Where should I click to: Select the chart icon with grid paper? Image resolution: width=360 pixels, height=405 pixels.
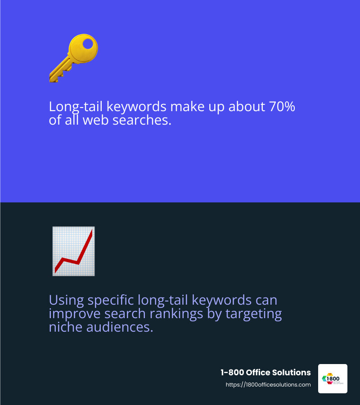pyautogui.click(x=73, y=251)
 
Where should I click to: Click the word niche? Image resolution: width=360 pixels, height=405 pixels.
pyautogui.click(x=64, y=327)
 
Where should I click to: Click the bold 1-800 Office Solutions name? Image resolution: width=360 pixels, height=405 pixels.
pyautogui.click(x=265, y=373)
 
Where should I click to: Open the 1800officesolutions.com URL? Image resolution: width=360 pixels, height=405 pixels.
pyautogui.click(x=268, y=385)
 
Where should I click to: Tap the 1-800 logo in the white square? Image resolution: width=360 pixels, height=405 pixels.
pyautogui.click(x=333, y=379)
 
